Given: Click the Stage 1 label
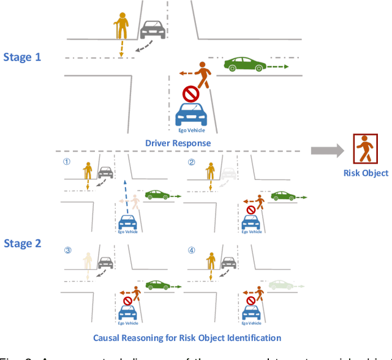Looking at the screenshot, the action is (23, 57).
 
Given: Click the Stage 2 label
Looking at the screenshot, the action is (23, 243).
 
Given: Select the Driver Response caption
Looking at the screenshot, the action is (178, 143).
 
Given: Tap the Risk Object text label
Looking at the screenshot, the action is (366, 173).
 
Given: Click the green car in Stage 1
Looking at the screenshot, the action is (244, 64).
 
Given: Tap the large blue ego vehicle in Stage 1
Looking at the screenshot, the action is (192, 114).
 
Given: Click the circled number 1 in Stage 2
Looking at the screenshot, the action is (67, 163).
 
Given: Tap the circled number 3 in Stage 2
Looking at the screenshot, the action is (68, 250).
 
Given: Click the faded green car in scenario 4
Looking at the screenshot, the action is (282, 284).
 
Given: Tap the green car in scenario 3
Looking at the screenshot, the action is (159, 285).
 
